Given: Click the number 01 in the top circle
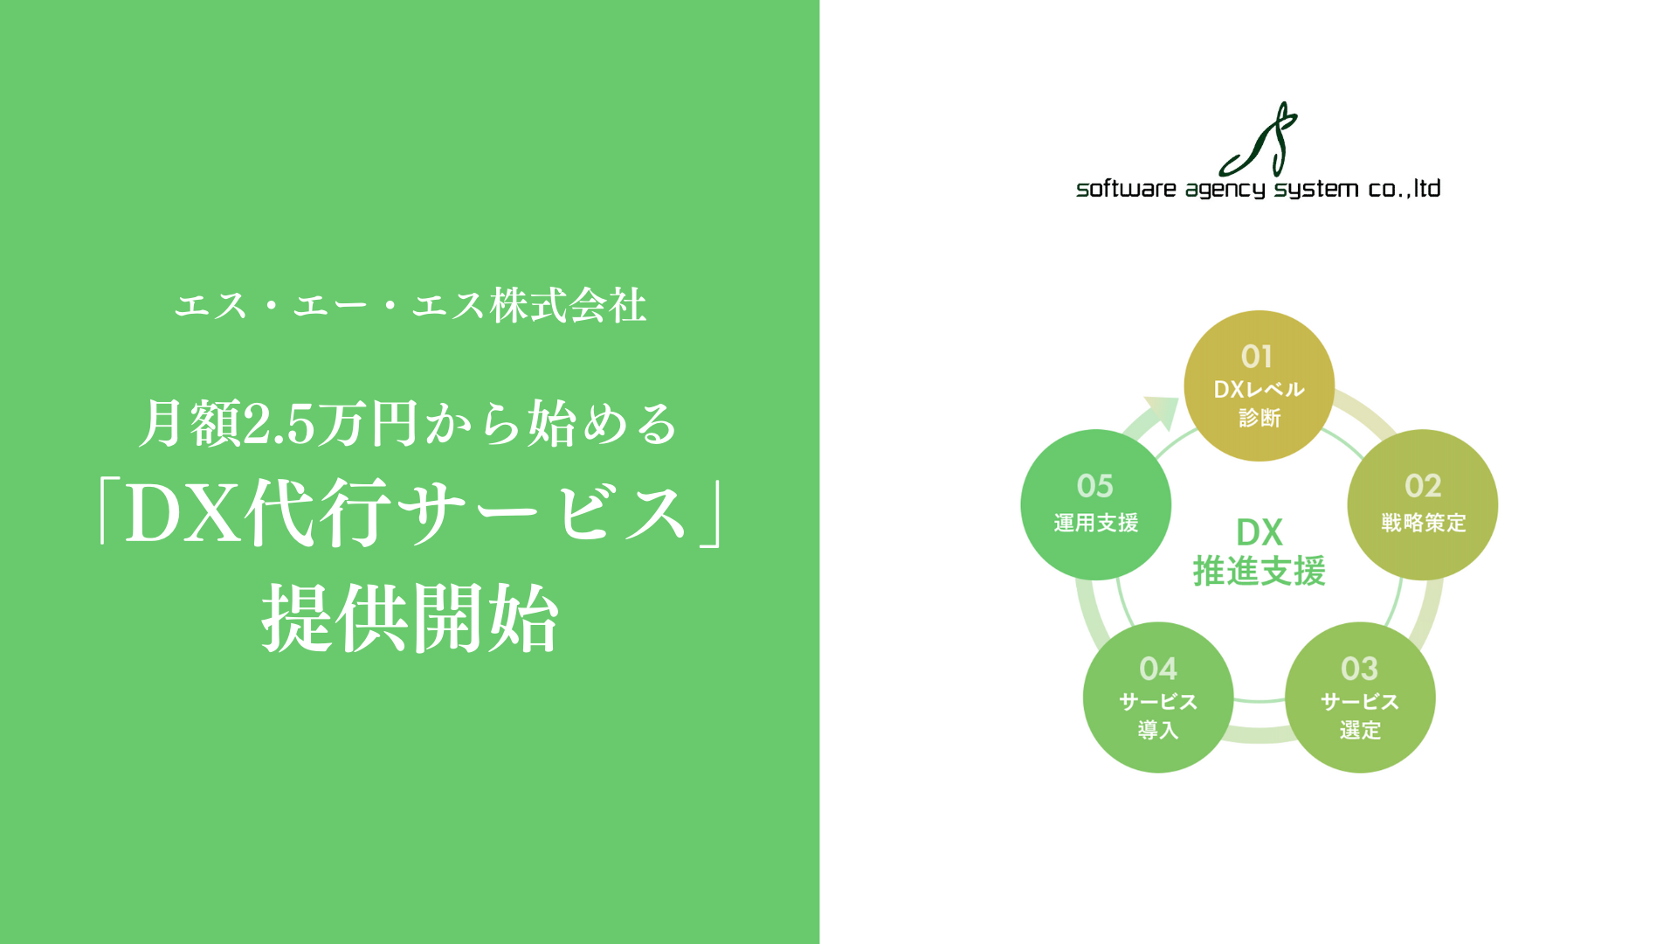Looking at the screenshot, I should (1257, 357).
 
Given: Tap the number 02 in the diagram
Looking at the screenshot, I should (1422, 486).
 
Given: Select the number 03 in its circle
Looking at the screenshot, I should (1359, 669).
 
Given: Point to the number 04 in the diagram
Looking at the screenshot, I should (1157, 669).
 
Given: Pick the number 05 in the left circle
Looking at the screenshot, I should (1094, 486).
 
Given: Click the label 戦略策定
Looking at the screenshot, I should (1423, 523).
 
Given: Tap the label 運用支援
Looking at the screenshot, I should (1095, 523).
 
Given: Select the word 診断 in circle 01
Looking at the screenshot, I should (1259, 418).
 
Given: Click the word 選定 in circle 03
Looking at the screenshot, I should (1360, 730).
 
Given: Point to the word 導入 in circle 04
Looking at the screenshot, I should (1157, 730).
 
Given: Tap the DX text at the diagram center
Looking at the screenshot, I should (1259, 532).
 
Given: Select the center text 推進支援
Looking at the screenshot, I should (1259, 572).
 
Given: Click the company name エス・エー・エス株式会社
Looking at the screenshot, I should (411, 306).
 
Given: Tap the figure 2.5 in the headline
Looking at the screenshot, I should (278, 425).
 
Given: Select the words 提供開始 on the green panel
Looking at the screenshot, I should (411, 618).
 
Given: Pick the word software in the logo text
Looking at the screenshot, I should (1126, 189).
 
